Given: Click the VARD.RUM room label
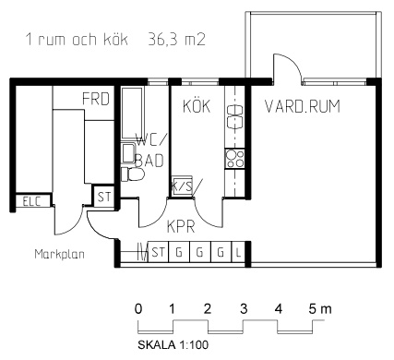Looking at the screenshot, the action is point(303,106).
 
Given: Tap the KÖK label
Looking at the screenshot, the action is point(197,106).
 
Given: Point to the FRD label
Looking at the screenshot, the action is point(96,99).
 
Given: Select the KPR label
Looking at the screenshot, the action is point(181,227).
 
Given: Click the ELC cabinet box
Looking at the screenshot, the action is point(32,201).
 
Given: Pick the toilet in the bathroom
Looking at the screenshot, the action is point(133,174).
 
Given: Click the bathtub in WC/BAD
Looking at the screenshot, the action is point(133,114).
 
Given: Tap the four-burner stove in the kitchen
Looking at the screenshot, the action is point(234,158).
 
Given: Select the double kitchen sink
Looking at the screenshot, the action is point(234,117).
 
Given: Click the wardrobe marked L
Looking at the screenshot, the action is point(238,253).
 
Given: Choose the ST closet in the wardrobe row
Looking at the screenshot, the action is point(159,253).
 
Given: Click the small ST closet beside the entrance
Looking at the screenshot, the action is point(103,197).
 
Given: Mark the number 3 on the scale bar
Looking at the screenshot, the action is point(244,308).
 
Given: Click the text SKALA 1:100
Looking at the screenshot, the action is point(173,344).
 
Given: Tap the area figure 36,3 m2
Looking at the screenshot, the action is point(176,40).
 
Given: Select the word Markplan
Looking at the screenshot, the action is point(59,254).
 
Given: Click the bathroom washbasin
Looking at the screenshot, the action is point(128,153).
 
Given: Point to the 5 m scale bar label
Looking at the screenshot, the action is point(320,308).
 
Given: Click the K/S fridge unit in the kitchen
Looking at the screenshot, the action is point(182,186).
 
